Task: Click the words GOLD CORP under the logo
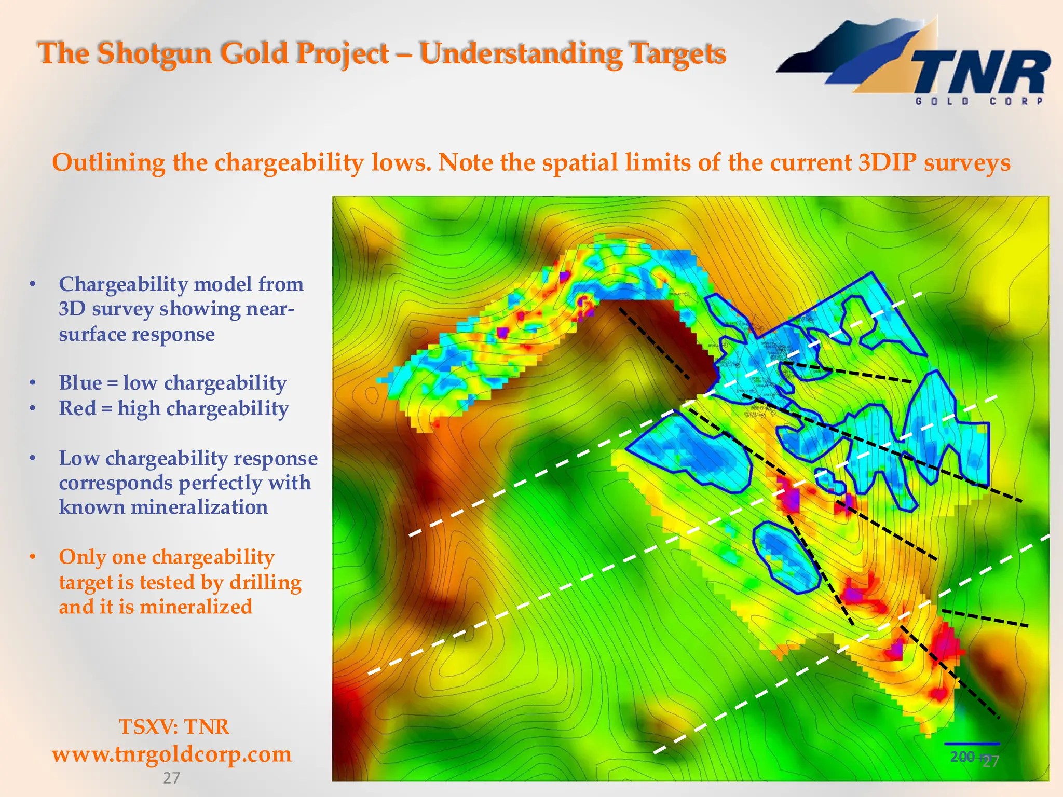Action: pos(979,101)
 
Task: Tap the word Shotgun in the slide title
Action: pos(155,53)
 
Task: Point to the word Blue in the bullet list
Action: pos(80,383)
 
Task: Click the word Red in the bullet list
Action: pos(78,408)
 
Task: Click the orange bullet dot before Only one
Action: pos(33,557)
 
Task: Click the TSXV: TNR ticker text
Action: pos(174,726)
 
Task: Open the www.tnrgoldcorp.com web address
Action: pos(172,754)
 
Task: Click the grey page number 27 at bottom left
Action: pos(171,778)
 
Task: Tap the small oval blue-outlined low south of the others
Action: pos(785,557)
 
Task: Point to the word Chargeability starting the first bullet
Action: pos(123,284)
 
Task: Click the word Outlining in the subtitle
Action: pos(108,162)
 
